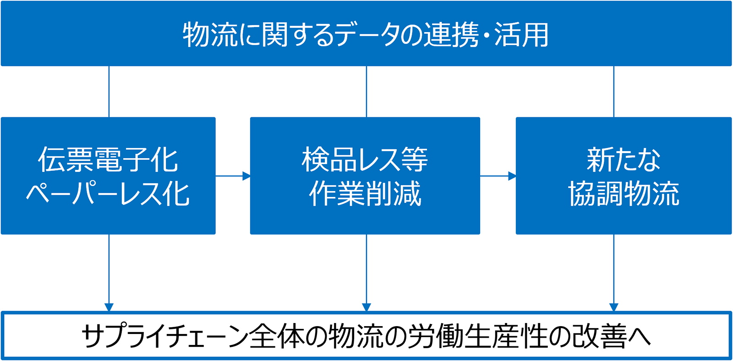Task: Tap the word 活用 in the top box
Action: click(x=521, y=35)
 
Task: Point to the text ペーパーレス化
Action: click(x=108, y=194)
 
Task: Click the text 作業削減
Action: click(x=365, y=194)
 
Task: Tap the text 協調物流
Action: click(x=624, y=194)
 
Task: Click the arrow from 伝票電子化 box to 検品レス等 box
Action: click(x=233, y=176)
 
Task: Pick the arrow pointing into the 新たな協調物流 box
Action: click(x=498, y=176)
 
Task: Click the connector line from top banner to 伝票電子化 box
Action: click(x=109, y=92)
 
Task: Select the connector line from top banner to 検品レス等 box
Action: click(x=366, y=92)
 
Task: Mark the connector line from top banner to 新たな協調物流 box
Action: click(x=614, y=92)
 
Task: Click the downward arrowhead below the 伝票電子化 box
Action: click(x=109, y=307)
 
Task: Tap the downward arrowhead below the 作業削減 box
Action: click(x=366, y=307)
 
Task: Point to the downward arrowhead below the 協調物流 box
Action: click(x=614, y=307)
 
